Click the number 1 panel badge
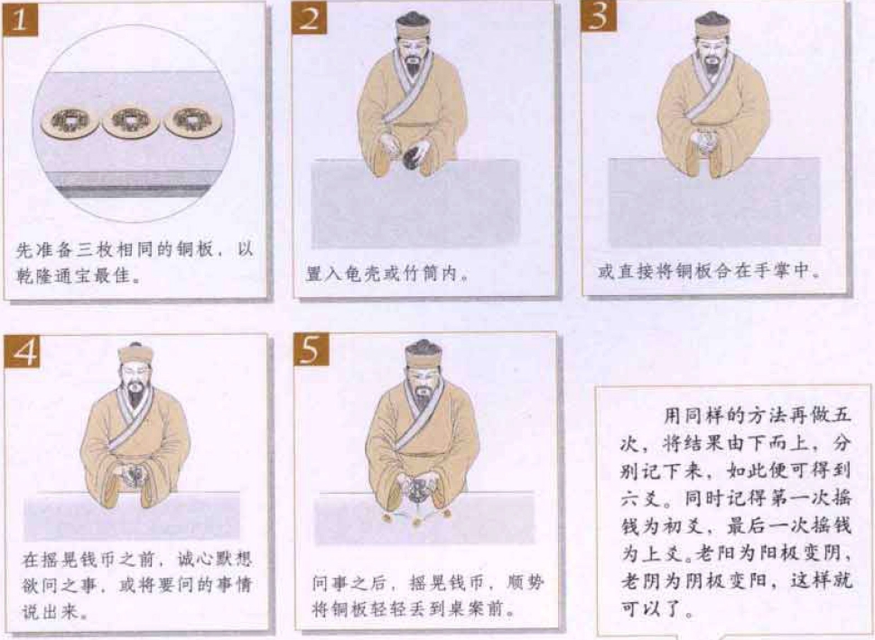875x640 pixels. pos(20,19)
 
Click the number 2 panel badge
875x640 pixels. pos(309,19)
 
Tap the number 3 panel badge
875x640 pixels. pos(598,17)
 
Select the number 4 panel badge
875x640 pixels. pos(22,351)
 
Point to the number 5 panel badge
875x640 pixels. pos(312,349)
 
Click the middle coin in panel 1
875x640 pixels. pos(131,121)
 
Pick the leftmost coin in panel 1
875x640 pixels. pos(70,121)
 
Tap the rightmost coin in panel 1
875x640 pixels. pos(193,121)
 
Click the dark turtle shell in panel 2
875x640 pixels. pos(413,153)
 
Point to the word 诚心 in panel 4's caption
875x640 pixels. pos(195,559)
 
